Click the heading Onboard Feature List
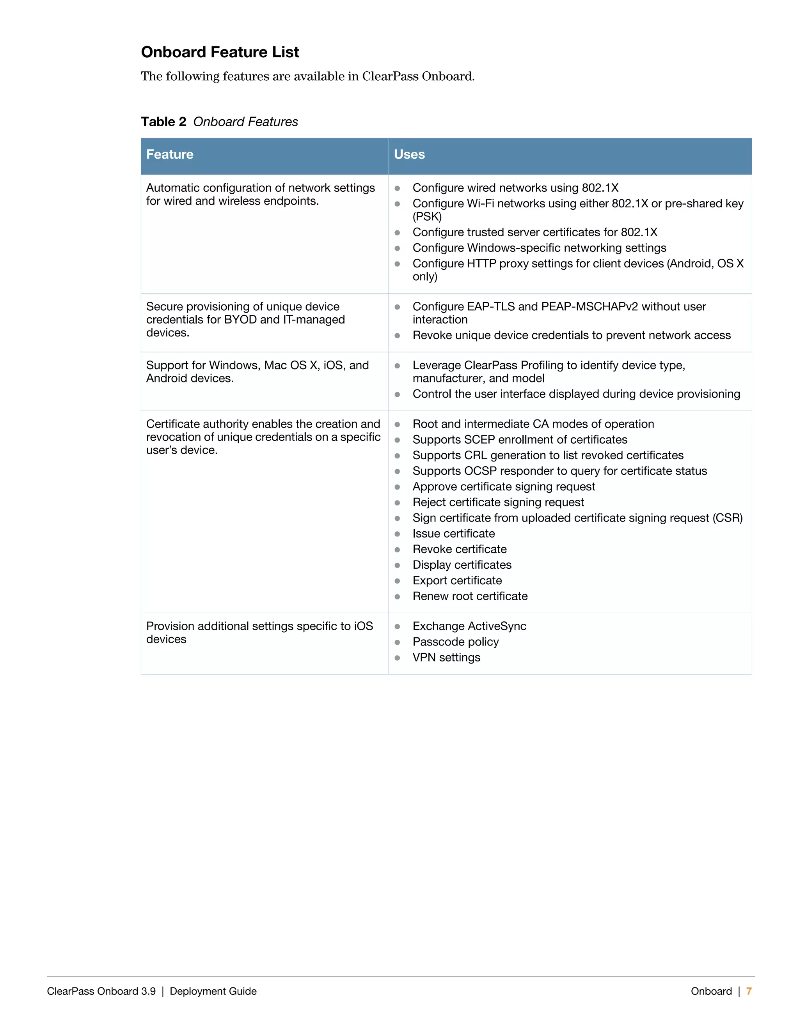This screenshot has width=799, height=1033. coord(220,52)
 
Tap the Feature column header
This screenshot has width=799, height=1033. coord(169,155)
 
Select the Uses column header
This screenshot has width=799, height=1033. coord(409,155)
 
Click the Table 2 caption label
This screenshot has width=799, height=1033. coord(163,122)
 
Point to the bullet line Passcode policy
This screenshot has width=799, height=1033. coord(455,642)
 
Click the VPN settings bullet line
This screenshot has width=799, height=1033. coord(446,658)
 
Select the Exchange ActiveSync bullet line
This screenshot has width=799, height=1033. coord(469,626)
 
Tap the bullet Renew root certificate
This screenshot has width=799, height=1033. coord(470,596)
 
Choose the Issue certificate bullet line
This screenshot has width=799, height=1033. coord(453,534)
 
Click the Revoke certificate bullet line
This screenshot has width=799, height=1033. coord(459,549)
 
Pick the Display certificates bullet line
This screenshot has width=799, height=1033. coord(462,565)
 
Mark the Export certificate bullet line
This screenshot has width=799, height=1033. coord(457,580)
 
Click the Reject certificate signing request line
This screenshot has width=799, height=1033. coord(498,502)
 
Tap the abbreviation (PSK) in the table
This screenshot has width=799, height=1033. coord(427,217)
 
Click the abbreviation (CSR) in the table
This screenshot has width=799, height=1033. coord(728,518)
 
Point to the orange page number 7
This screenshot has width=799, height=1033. coord(749,991)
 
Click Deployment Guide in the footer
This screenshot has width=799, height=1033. coord(213,991)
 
